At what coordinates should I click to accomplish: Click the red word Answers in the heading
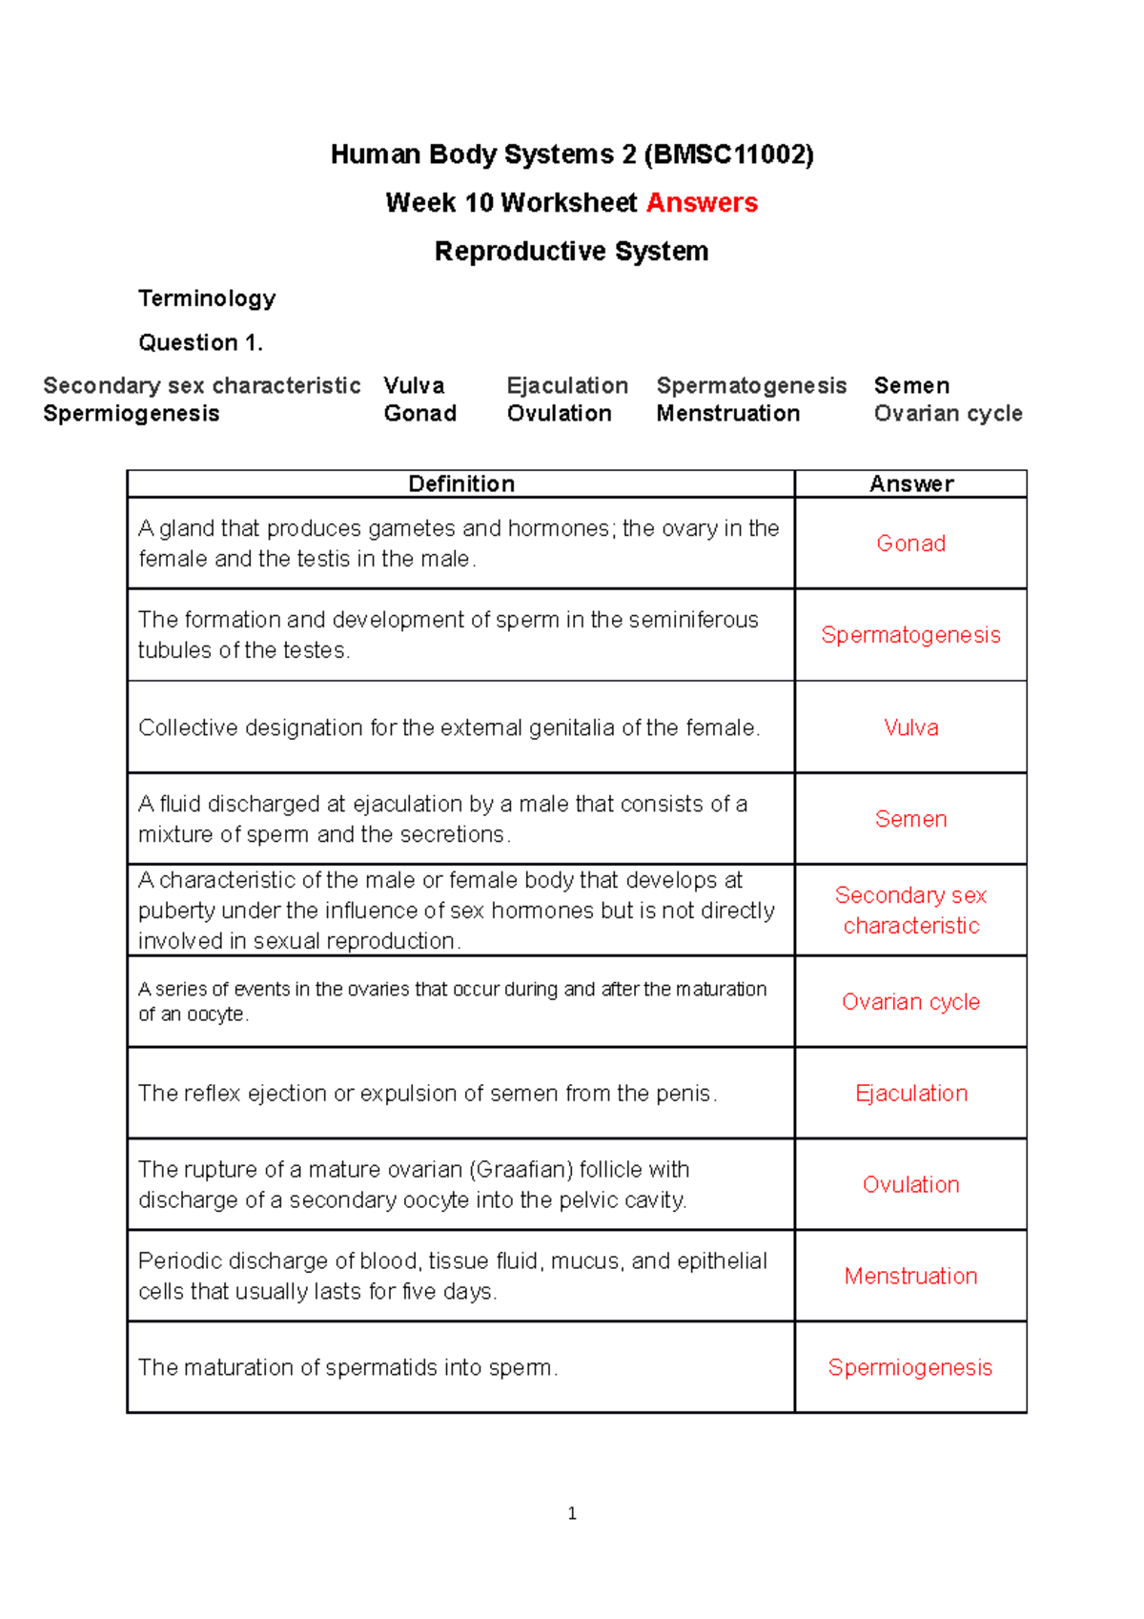702,203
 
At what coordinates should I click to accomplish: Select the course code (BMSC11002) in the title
729,154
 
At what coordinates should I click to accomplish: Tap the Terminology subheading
207,298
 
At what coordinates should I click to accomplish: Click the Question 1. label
200,342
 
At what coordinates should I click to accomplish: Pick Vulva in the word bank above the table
414,385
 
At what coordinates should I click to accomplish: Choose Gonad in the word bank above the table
419,413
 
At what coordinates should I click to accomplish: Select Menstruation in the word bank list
727,413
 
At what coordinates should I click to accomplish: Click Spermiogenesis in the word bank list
132,413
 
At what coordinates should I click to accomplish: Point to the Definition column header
461,483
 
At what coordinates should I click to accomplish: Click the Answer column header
910,483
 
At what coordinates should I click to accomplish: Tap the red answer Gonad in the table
910,543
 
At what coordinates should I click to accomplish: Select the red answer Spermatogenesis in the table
910,635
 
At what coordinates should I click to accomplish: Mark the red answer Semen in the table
910,819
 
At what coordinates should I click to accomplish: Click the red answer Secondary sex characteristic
910,910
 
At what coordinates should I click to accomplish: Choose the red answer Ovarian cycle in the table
910,1002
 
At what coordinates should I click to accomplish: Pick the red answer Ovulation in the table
910,1184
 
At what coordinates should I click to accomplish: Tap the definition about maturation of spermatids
348,1367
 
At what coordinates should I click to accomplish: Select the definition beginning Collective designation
448,728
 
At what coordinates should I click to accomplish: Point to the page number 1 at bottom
572,1513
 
